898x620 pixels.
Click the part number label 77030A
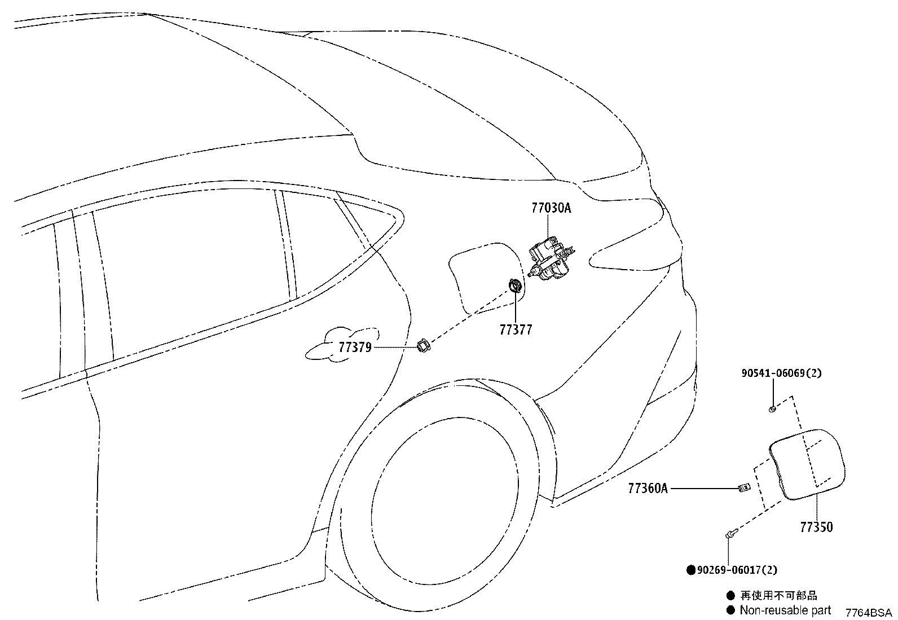551,208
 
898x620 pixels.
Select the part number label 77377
516,329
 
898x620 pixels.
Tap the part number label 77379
355,348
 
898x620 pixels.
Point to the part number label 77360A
648,489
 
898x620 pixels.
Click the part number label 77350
817,527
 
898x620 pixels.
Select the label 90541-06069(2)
781,373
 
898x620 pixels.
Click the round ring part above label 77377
515,287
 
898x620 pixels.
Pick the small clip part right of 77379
424,346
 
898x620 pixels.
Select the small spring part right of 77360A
743,488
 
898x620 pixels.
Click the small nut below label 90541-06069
772,409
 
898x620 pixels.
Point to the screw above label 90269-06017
732,534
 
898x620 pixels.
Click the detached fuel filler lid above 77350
807,465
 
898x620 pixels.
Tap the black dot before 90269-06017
691,570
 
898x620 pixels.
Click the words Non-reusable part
785,610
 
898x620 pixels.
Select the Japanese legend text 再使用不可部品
778,595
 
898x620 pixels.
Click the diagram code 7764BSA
869,613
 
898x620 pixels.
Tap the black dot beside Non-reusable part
730,610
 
